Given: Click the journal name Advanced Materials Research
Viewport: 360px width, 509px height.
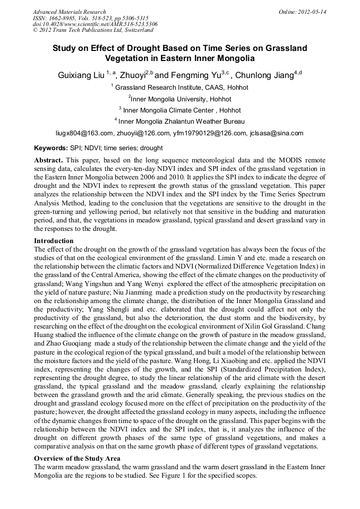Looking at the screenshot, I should pyautogui.click(x=69, y=11).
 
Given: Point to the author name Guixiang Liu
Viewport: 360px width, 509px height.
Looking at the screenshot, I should pyautogui.click(x=81, y=75).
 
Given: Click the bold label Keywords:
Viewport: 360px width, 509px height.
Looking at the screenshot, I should pyautogui.click(x=50, y=148).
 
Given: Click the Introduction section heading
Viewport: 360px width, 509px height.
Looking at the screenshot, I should pyautogui.click(x=54, y=241).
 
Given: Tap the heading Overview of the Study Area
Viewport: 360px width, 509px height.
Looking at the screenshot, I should pyautogui.click(x=77, y=458).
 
